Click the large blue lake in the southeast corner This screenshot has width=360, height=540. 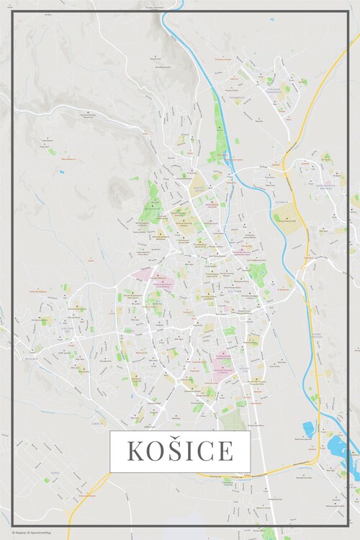click(339, 449)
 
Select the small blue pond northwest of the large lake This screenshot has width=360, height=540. click(308, 428)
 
